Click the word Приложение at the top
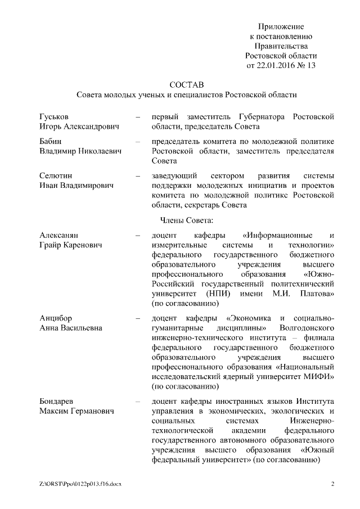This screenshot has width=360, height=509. click(281, 26)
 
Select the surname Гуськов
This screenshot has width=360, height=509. click(55, 116)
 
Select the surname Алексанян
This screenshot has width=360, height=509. click(58, 234)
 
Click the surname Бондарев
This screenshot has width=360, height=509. click(58, 401)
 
